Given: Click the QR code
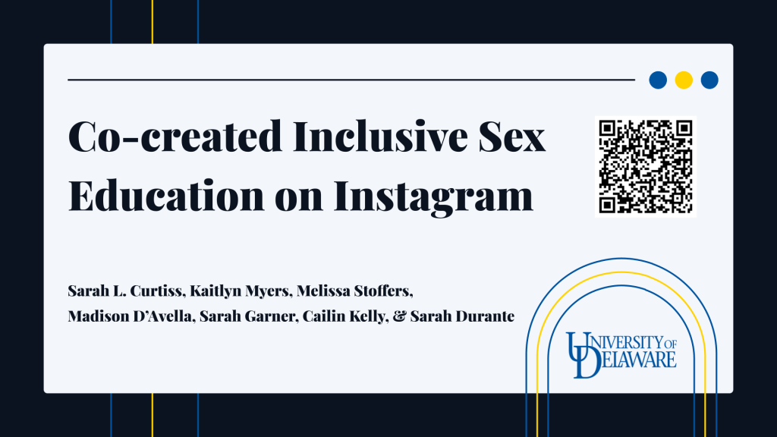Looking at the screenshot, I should coord(645,166).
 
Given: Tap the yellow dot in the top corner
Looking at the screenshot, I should coord(684,80).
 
